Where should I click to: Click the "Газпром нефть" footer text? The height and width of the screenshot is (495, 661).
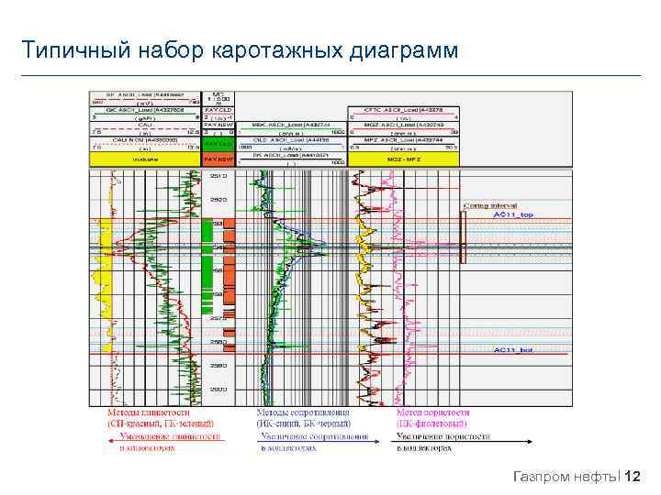click(x=566, y=476)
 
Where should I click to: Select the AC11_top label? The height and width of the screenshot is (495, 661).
click(x=513, y=214)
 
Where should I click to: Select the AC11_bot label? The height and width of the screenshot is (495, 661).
click(x=513, y=350)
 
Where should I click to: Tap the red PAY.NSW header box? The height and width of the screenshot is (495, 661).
click(x=218, y=159)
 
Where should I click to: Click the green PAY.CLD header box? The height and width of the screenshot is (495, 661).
click(x=218, y=145)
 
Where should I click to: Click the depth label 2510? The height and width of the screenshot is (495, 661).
click(x=218, y=174)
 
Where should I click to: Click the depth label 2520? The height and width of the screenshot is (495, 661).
click(x=218, y=198)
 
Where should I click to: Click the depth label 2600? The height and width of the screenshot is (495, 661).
click(x=218, y=390)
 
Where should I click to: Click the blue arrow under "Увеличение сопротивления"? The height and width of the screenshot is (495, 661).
click(x=312, y=443)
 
